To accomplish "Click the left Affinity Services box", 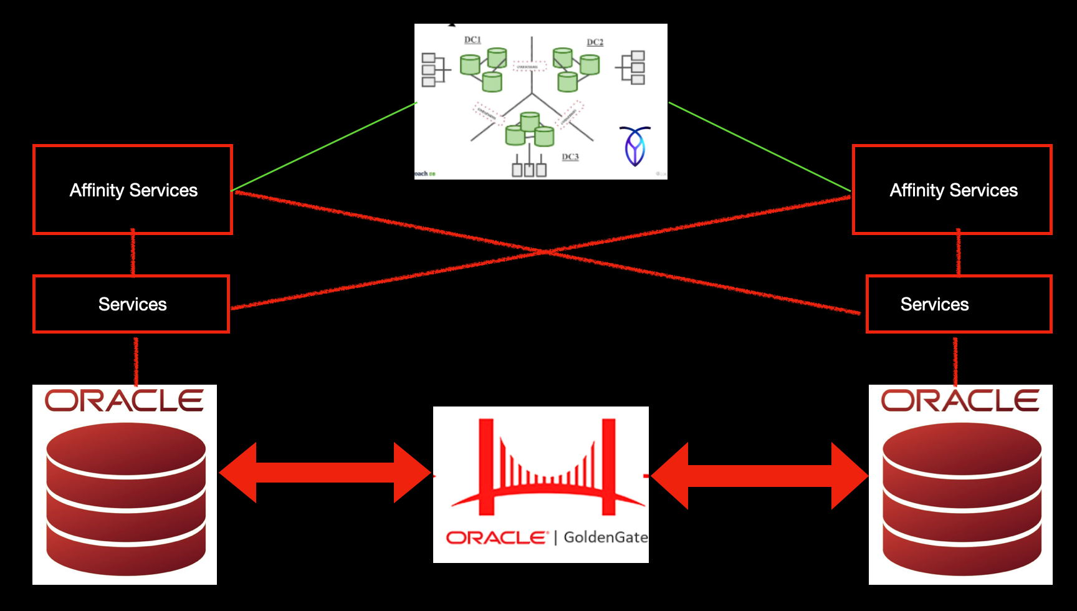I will click(133, 190).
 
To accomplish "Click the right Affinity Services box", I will click(952, 190).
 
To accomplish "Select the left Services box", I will click(132, 304).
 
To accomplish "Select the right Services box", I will click(959, 304).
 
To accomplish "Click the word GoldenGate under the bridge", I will click(605, 537).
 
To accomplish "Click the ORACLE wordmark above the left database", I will click(124, 401).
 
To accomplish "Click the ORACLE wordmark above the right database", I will click(960, 401).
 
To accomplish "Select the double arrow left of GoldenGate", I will click(325, 473).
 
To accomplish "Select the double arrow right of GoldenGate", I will click(759, 476).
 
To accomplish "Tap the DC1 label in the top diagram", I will click(472, 40).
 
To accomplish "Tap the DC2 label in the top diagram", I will click(595, 42).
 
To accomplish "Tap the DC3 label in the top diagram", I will click(570, 157).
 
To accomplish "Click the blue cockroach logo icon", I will click(634, 146).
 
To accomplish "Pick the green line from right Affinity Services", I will click(759, 147).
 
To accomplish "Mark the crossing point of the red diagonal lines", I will click(545, 251).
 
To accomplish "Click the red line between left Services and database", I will click(136, 360).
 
